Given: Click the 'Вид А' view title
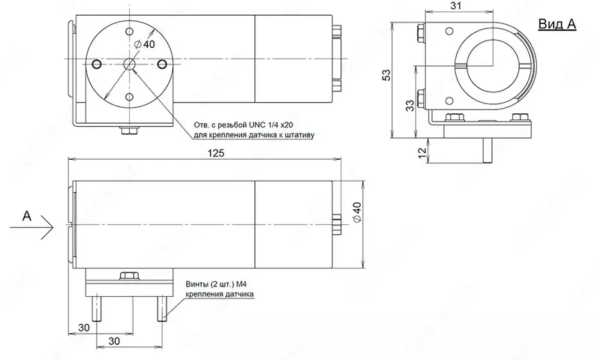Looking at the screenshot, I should (557, 24).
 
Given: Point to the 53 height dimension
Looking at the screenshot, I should (385, 75).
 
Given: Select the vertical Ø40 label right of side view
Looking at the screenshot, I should (356, 214).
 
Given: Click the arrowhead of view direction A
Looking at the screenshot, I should (49, 223).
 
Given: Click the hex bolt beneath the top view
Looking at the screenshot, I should (130, 131).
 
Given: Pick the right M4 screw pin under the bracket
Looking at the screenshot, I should (161, 307).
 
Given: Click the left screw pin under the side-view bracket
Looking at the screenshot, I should (97, 307).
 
